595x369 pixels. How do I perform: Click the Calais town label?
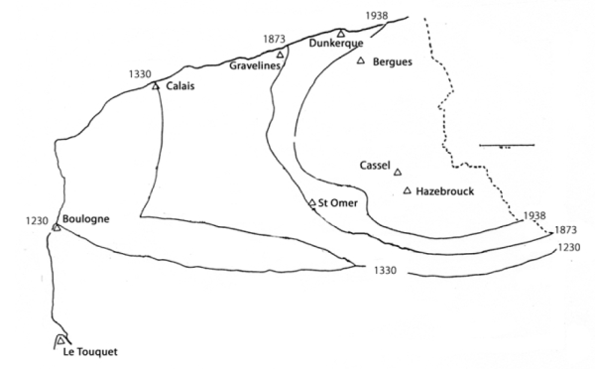180,87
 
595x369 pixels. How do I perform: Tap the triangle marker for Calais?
156,85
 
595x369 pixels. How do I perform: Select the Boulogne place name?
84,219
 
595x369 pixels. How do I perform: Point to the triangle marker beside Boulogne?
57,227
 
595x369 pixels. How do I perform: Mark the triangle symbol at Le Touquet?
59,340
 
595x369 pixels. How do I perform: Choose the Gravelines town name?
253,66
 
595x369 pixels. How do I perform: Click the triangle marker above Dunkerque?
342,33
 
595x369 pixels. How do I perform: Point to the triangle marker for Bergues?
361,61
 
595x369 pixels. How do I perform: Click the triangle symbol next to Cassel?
398,171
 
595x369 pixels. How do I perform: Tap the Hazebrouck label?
445,190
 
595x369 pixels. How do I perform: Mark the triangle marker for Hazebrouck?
408,190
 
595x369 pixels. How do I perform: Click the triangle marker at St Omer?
312,203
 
